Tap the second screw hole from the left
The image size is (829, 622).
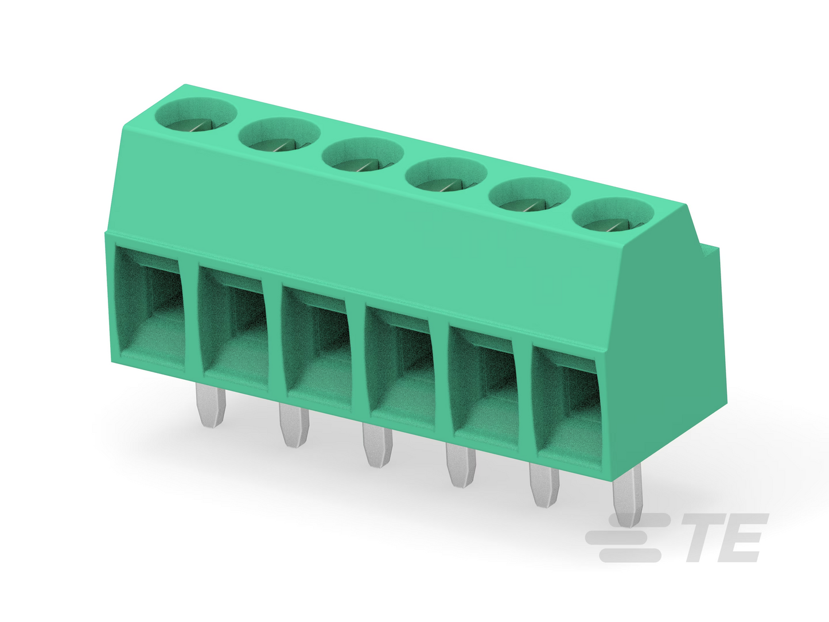[x=279, y=135]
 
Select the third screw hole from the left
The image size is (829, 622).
[x=363, y=155]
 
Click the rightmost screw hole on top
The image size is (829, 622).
[x=613, y=215]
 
